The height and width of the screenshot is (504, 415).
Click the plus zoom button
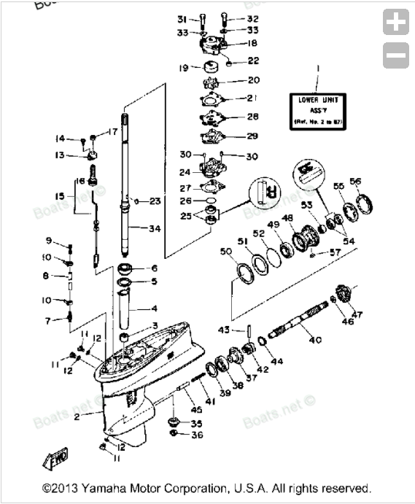pos(396,23)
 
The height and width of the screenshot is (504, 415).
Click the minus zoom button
pos(396,55)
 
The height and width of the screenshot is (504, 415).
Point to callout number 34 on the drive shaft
pos(154,229)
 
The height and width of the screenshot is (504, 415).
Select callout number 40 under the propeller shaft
pos(315,340)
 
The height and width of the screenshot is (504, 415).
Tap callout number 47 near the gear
pos(357,314)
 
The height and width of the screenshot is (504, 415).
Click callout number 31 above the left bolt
pos(182,18)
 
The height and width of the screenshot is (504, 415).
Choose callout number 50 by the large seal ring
pos(226,252)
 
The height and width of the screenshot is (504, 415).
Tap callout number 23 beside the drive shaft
pos(155,201)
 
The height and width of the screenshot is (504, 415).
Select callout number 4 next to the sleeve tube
pos(154,309)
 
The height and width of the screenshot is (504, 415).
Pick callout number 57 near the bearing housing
pos(335,252)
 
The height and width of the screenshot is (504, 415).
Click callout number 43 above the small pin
pos(225,330)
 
